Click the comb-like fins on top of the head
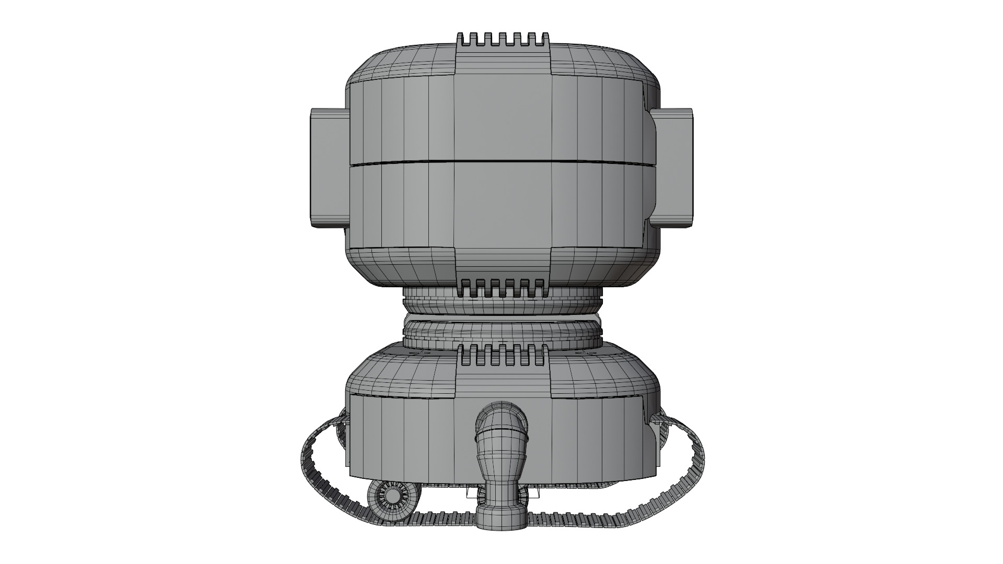[x=503, y=40]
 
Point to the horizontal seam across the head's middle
[x=501, y=161]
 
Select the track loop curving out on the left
[x=313, y=460]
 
